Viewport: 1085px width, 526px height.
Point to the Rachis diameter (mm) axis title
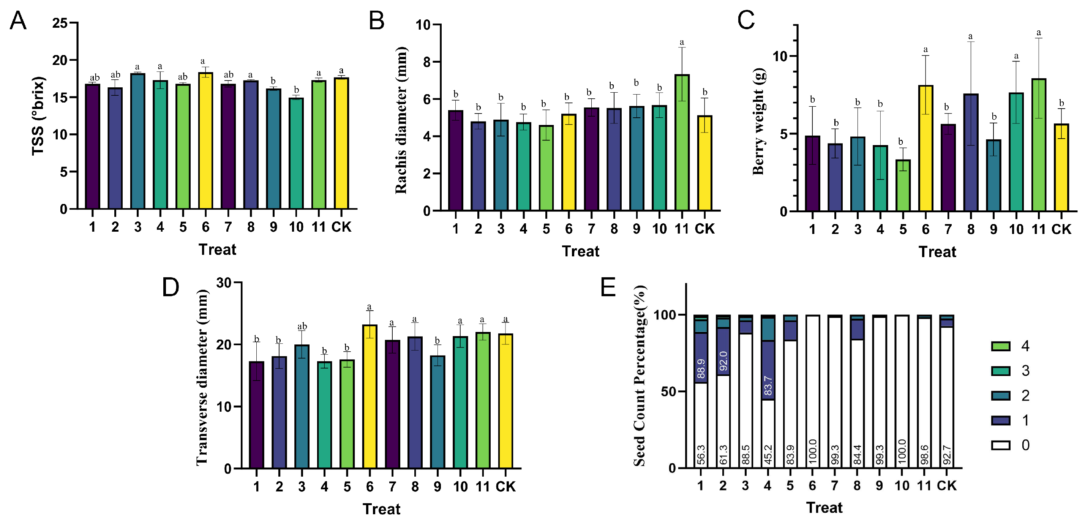tap(401, 120)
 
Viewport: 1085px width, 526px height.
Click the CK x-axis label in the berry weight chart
tap(1061, 229)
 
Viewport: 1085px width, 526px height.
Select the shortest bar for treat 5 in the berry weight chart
tap(903, 185)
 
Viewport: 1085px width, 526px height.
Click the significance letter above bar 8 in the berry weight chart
tap(970, 36)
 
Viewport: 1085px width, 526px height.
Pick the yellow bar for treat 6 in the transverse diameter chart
tap(370, 396)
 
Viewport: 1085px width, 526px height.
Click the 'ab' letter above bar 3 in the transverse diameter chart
tap(302, 326)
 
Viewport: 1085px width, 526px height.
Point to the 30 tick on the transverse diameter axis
tap(224, 283)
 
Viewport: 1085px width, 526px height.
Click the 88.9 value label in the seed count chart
tap(701, 368)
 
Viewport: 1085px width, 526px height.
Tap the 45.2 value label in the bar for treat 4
tap(768, 455)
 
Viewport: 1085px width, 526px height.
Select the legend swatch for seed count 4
tap(1000, 346)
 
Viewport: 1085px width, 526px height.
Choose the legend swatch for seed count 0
tap(1000, 445)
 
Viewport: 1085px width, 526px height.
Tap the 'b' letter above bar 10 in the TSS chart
tap(296, 90)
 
